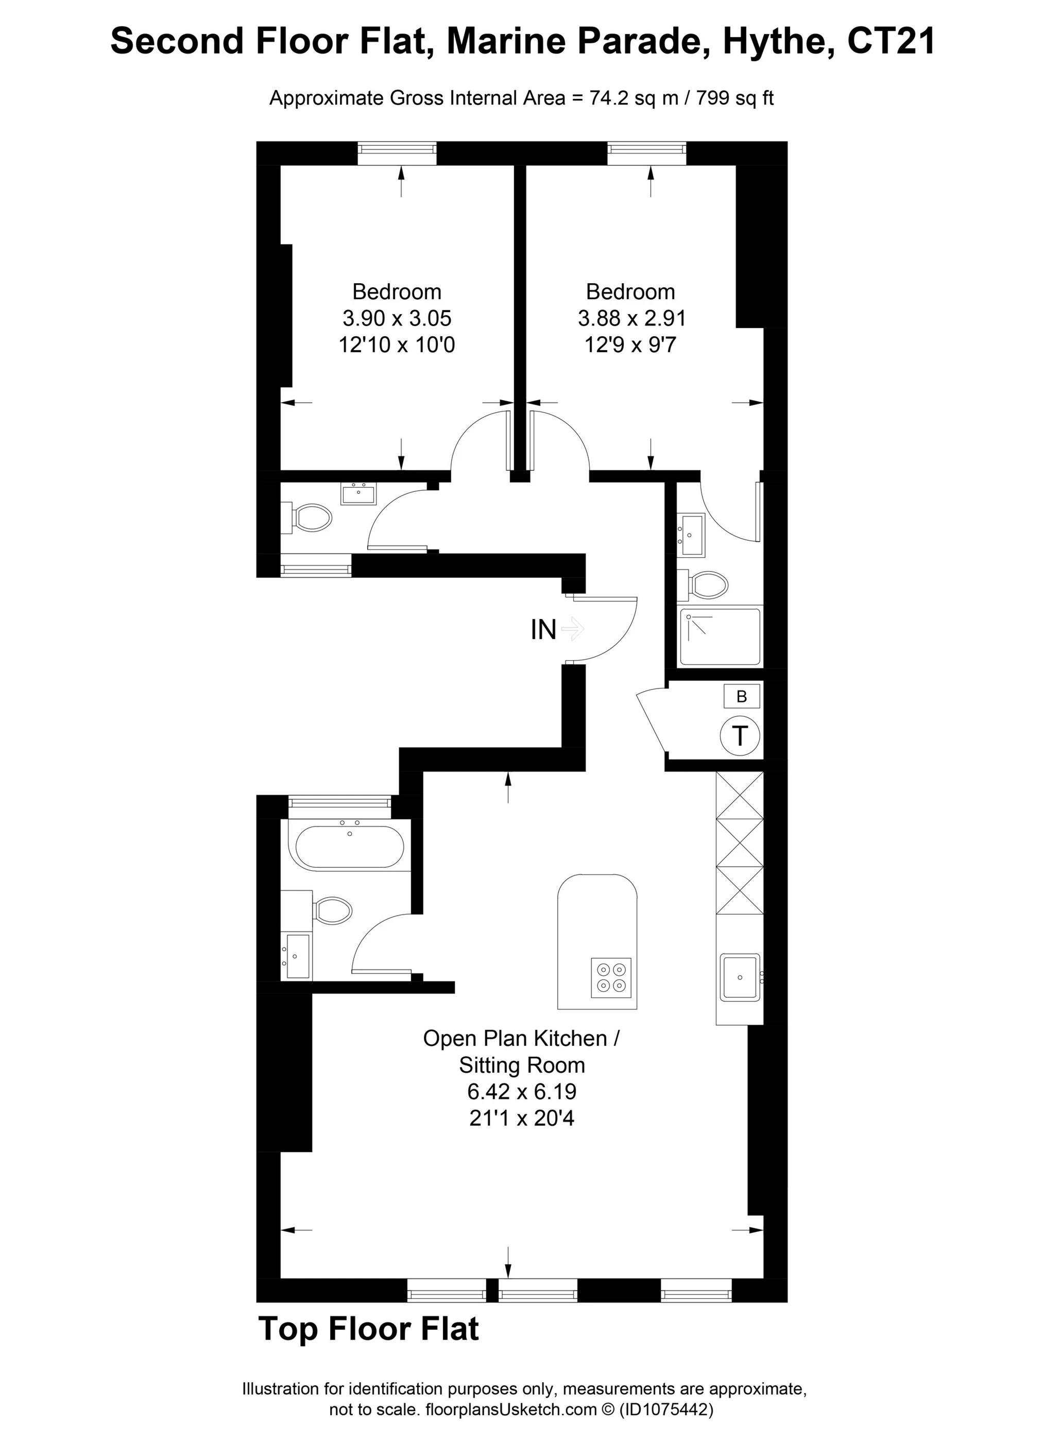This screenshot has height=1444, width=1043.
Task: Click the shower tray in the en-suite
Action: click(720, 637)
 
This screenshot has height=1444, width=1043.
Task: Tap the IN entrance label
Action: click(543, 630)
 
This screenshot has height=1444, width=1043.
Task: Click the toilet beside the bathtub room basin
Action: click(332, 910)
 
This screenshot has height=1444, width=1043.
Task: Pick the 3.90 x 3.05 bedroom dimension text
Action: click(397, 318)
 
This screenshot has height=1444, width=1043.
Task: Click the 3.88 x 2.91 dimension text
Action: click(630, 318)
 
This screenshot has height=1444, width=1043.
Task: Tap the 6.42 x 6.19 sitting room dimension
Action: click(521, 1091)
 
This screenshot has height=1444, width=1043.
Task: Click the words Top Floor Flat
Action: click(368, 1329)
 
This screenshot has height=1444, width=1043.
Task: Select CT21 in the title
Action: click(891, 41)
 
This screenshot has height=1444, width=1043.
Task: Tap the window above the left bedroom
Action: click(397, 153)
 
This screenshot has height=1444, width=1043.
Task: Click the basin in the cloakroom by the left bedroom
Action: click(358, 493)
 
